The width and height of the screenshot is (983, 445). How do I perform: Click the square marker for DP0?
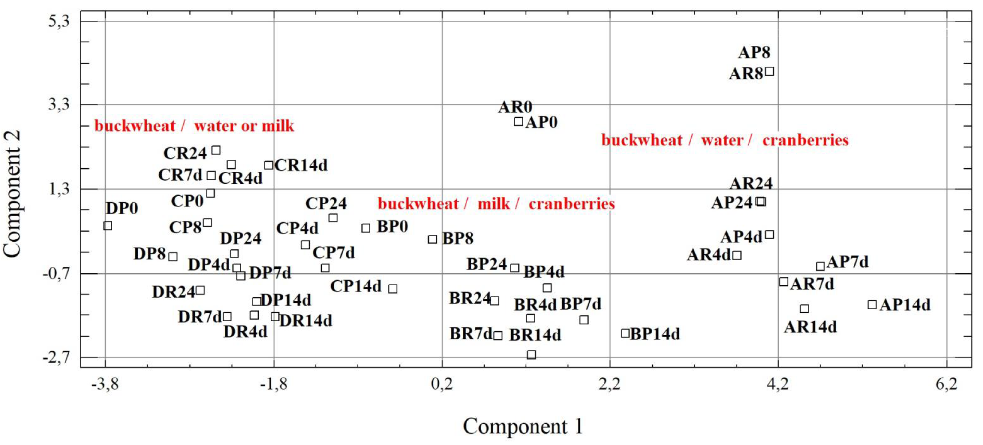click(x=108, y=226)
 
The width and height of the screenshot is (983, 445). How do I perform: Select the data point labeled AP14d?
click(x=872, y=305)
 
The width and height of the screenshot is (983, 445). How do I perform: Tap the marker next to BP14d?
click(x=625, y=333)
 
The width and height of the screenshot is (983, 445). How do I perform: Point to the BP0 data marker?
click(x=366, y=228)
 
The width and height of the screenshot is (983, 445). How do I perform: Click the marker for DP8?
click(x=173, y=257)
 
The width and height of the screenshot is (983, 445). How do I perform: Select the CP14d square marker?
click(x=393, y=288)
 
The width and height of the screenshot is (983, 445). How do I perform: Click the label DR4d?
click(x=245, y=332)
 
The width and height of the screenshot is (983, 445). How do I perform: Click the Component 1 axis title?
click(x=523, y=426)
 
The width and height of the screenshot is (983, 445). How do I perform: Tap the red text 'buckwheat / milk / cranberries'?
click(x=496, y=204)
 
